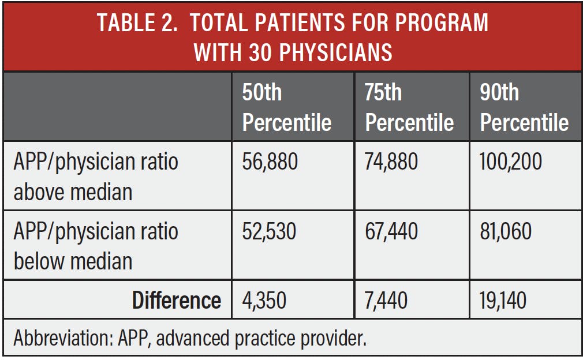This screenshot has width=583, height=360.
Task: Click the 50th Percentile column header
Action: pyautogui.click(x=287, y=107)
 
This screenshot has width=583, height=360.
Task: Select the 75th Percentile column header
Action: pyautogui.click(x=409, y=107)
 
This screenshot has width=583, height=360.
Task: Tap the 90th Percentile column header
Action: pyautogui.click(x=524, y=107)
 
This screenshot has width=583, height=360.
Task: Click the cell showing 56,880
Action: pyautogui.click(x=270, y=162)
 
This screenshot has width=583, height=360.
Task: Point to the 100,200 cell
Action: pyautogui.click(x=510, y=162)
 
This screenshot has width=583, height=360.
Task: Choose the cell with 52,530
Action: pyautogui.click(x=269, y=231)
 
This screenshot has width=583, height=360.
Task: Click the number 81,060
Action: pyautogui.click(x=506, y=231)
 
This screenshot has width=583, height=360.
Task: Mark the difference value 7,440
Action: pyautogui.click(x=386, y=301)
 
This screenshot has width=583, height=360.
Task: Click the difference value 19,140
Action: pyautogui.click(x=503, y=301)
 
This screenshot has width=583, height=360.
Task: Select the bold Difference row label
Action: pyautogui.click(x=176, y=301)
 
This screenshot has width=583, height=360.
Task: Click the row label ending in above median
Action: pyautogui.click(x=96, y=177)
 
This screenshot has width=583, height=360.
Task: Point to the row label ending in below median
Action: pyautogui.click(x=96, y=246)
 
